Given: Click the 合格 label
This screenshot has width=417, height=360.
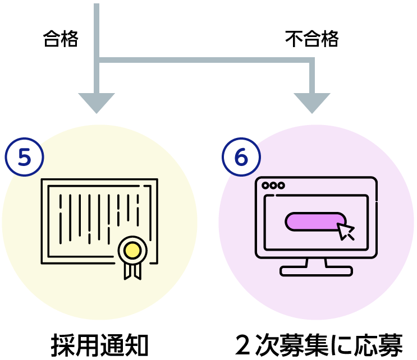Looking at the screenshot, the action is pyautogui.click(x=61, y=39).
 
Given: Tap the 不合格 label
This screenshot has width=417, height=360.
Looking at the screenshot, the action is pyautogui.click(x=311, y=39).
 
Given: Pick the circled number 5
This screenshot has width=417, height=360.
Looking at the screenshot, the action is pyautogui.click(x=24, y=157).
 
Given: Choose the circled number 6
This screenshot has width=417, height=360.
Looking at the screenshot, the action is pyautogui.click(x=241, y=157).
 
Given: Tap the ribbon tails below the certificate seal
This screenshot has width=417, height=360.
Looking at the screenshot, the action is pyautogui.click(x=132, y=271).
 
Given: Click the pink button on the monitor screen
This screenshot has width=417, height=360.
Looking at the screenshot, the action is pyautogui.click(x=315, y=222).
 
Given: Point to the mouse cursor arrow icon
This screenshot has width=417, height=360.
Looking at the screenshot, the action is pyautogui.click(x=346, y=231).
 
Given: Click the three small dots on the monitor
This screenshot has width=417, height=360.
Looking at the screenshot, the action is pyautogui.click(x=273, y=186).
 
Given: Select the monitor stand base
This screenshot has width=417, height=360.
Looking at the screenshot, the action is pyautogui.click(x=316, y=271).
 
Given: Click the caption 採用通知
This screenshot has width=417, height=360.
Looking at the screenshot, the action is pyautogui.click(x=99, y=345).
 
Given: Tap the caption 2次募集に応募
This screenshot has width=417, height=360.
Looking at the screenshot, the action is pyautogui.click(x=319, y=345).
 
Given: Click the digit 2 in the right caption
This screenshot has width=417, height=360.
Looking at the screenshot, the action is pyautogui.click(x=242, y=345).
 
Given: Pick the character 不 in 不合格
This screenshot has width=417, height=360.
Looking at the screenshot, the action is pyautogui.click(x=294, y=39).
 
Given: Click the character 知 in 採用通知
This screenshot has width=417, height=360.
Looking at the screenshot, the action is pyautogui.click(x=136, y=345).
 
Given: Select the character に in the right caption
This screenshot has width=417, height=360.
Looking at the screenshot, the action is pyautogui.click(x=341, y=345).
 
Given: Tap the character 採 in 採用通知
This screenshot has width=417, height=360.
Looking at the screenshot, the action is pyautogui.click(x=62, y=345).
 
